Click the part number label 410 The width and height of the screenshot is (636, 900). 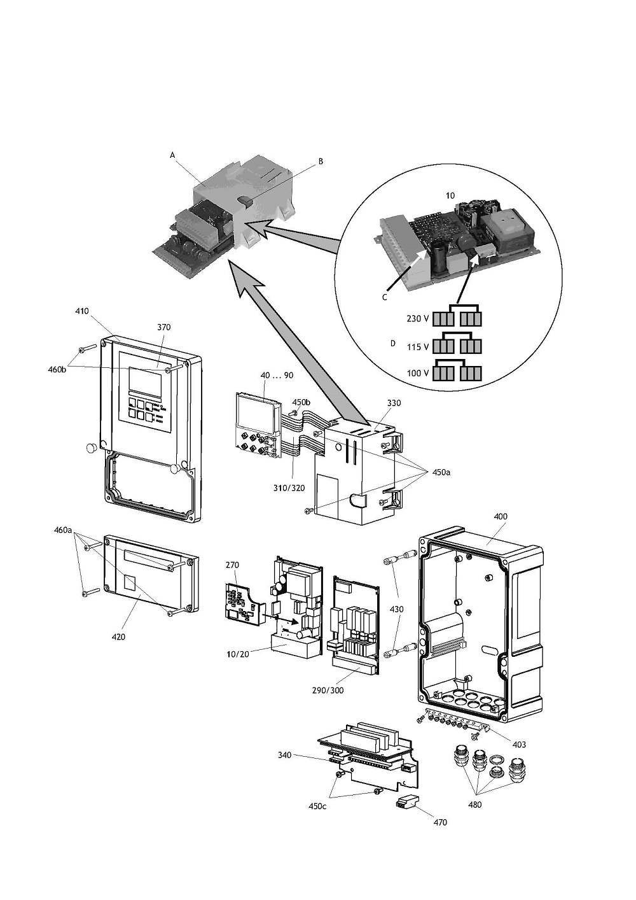click(x=82, y=311)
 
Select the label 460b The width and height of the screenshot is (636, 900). click(x=57, y=368)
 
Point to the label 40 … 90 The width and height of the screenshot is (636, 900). click(x=277, y=376)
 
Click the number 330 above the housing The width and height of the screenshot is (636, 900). click(x=394, y=403)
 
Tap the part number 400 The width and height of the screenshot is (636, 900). click(x=501, y=516)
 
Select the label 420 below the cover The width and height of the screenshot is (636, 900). click(x=119, y=636)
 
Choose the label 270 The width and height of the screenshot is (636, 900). click(x=232, y=564)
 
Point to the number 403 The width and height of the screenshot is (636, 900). click(x=519, y=744)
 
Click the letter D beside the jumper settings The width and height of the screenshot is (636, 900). click(x=392, y=343)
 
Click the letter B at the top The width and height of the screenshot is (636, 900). click(x=321, y=162)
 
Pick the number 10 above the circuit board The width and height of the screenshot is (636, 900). click(x=450, y=196)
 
